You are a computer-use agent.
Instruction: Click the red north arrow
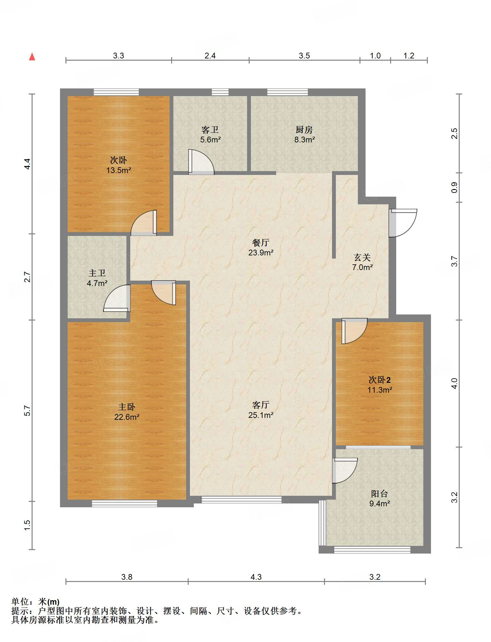pyautogui.click(x=32, y=57)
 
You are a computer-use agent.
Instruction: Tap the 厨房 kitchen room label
pyautogui.click(x=304, y=130)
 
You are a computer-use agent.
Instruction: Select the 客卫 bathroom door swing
pyautogui.click(x=201, y=162)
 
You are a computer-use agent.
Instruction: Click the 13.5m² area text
pyautogui.click(x=119, y=170)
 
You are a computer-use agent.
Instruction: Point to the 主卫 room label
pyautogui.click(x=97, y=273)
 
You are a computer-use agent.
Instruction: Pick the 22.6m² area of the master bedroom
pyautogui.click(x=127, y=417)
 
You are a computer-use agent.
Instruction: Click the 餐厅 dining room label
pyautogui.click(x=261, y=243)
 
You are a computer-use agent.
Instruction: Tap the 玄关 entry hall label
pyautogui.click(x=362, y=257)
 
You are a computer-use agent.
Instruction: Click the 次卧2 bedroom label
pyautogui.click(x=380, y=380)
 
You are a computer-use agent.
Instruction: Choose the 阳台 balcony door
pyautogui.click(x=345, y=471)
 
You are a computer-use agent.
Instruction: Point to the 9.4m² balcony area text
pyautogui.click(x=380, y=503)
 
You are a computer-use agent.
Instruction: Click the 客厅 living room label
pyautogui.click(x=261, y=405)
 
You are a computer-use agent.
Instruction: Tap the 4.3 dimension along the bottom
pyautogui.click(x=256, y=577)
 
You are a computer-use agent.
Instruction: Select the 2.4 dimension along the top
pyautogui.click(x=210, y=56)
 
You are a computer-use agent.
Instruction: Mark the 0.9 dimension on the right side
pyautogui.click(x=455, y=187)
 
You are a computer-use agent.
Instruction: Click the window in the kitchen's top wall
pyautogui.click(x=288, y=92)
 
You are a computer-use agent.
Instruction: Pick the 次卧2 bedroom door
pyautogui.click(x=354, y=331)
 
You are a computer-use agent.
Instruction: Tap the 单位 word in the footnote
pyautogui.click(x=20, y=602)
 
